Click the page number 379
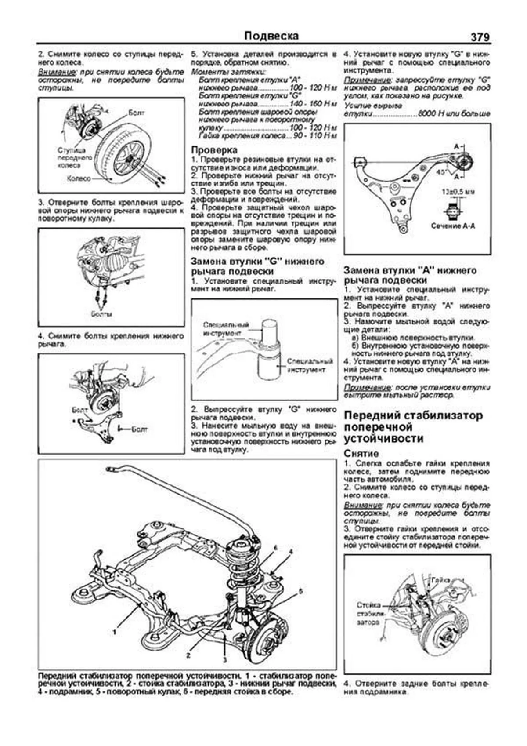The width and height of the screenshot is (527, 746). (x=480, y=37)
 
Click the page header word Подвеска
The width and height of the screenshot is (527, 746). (x=271, y=36)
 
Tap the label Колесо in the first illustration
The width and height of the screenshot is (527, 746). (x=79, y=178)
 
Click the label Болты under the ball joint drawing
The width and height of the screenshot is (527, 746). (x=101, y=314)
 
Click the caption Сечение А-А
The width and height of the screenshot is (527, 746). (x=453, y=226)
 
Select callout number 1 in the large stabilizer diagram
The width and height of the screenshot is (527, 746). (x=115, y=632)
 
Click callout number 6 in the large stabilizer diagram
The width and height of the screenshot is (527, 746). (x=275, y=548)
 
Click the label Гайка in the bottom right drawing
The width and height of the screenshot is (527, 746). (x=440, y=580)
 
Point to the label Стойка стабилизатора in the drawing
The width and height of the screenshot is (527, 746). (x=368, y=614)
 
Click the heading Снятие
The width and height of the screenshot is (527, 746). (x=361, y=453)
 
